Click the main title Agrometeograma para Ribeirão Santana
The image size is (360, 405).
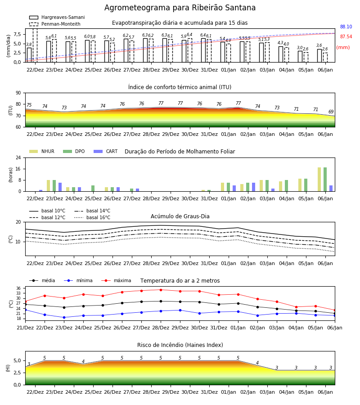point(180,8)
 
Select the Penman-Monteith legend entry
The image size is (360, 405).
point(55,24)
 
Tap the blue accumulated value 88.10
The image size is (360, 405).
point(346,27)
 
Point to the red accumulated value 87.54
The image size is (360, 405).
point(346,37)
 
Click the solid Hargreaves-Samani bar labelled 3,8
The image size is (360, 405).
point(29,55)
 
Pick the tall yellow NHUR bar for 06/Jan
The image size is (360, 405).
point(319,180)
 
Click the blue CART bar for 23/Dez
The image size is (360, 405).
point(60,187)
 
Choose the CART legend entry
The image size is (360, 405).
point(106,151)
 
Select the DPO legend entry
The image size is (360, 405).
point(74,151)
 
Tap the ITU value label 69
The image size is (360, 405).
point(331,112)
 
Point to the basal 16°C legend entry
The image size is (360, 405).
point(92,217)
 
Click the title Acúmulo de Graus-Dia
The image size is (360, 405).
point(180,216)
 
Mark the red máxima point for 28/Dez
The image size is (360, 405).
point(161,290)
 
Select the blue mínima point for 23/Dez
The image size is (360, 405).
point(64,317)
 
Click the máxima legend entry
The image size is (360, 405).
point(116,280)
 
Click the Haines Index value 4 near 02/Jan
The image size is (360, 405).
point(257,363)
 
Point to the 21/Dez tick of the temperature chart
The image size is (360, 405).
point(25,328)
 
